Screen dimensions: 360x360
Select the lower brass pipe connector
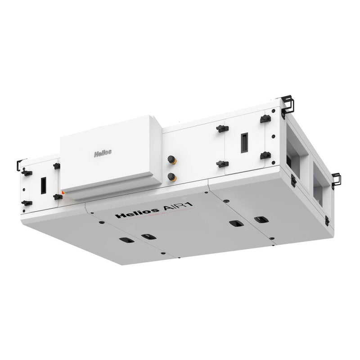pos(171,177)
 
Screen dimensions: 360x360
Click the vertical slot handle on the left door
pos(43,184)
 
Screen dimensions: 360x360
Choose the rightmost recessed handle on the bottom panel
pos(260,220)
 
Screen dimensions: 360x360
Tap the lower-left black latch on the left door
pos(27,203)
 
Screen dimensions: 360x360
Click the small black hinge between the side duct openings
pos(293,180)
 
